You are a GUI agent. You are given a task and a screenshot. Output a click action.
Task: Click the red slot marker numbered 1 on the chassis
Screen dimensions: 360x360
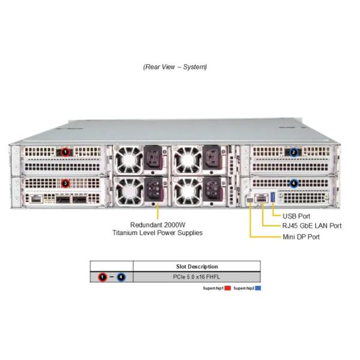(65, 152)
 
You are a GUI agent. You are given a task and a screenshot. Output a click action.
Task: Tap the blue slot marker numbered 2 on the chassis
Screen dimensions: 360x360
(293, 152)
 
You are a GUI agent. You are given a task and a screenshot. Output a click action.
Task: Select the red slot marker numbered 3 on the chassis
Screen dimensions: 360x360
(65, 183)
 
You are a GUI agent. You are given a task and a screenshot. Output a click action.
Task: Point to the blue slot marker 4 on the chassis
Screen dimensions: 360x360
(293, 183)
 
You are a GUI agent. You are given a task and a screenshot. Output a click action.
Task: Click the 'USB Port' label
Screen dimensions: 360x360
(296, 216)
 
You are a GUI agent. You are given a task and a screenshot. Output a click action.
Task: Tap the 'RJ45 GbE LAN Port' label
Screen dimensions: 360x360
(312, 226)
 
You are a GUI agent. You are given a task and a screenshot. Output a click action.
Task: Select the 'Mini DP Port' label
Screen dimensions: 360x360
(301, 237)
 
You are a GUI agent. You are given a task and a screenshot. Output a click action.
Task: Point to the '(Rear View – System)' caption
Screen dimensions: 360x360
(175, 67)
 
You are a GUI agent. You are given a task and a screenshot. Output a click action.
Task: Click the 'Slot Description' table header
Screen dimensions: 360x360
(197, 266)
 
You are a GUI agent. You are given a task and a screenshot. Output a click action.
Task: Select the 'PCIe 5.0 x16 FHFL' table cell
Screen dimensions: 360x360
(196, 277)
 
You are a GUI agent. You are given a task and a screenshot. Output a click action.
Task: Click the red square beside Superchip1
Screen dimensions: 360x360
(227, 288)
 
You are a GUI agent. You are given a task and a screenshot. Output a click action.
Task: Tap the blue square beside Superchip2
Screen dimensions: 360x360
(258, 288)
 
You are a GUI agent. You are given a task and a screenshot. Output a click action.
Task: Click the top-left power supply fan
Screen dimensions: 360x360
(128, 160)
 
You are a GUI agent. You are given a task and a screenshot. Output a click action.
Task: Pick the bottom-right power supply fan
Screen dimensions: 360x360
(188, 191)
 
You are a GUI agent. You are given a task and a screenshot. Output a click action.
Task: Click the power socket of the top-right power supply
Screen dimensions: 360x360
(211, 157)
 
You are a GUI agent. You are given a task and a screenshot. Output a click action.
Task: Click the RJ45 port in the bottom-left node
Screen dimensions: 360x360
(36, 199)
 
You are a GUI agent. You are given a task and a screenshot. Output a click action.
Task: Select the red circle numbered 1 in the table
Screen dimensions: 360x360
(103, 277)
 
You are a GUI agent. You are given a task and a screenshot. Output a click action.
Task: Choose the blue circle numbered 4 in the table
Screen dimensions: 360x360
(121, 277)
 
